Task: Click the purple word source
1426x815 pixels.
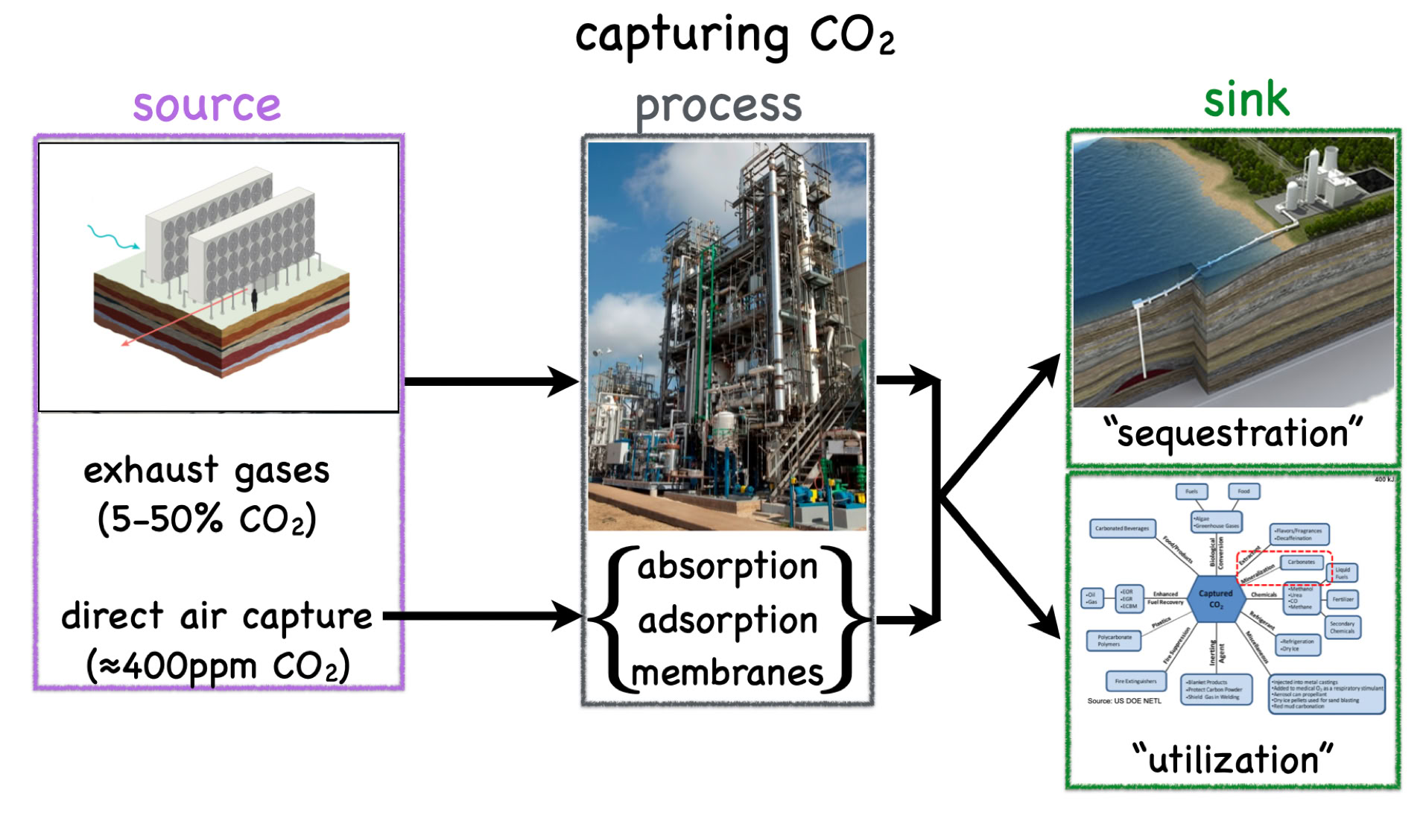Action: coord(206,105)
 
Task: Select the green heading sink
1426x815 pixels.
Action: coord(1246,100)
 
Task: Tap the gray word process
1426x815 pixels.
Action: coord(718,107)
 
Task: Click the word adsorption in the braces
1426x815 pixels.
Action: coord(727,621)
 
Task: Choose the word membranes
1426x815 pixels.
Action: coord(727,673)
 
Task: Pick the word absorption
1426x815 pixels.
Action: coord(727,567)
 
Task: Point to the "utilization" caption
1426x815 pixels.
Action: coord(1233,760)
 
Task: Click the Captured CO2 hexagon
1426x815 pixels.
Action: coord(1215,599)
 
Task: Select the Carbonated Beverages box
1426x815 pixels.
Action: coord(1121,529)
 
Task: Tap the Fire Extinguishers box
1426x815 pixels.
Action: coord(1135,681)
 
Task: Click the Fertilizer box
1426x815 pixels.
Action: coord(1343,599)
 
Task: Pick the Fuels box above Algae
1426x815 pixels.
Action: coord(1191,492)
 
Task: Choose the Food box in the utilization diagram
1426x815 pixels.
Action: coord(1243,492)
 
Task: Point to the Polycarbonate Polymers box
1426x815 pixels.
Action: coord(1114,640)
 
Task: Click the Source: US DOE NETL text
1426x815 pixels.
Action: coord(1124,701)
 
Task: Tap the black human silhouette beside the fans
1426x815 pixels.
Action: coord(254,299)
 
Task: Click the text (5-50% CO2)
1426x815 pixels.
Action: coord(206,519)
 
